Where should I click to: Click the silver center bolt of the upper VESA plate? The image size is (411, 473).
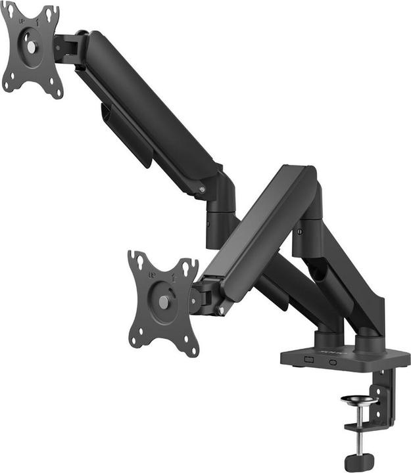pos(32,47)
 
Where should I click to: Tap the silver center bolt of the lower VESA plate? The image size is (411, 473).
pos(163,302)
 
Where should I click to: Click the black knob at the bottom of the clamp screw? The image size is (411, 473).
pos(359,462)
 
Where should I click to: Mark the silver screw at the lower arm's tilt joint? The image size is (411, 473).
pos(222,308)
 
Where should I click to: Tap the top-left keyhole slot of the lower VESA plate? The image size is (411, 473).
pos(139,262)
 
